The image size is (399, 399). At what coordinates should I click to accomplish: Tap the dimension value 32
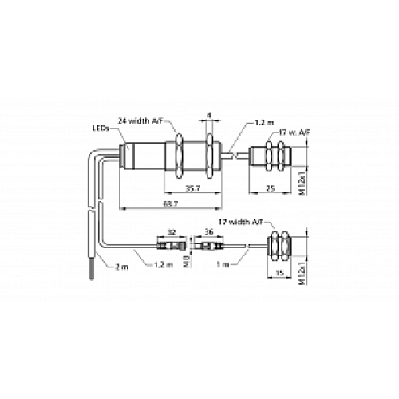(171, 232)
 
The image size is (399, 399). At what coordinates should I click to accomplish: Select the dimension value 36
(210, 232)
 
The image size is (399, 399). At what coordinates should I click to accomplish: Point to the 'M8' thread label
(187, 259)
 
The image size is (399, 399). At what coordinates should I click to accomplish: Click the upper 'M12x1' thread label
(302, 180)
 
